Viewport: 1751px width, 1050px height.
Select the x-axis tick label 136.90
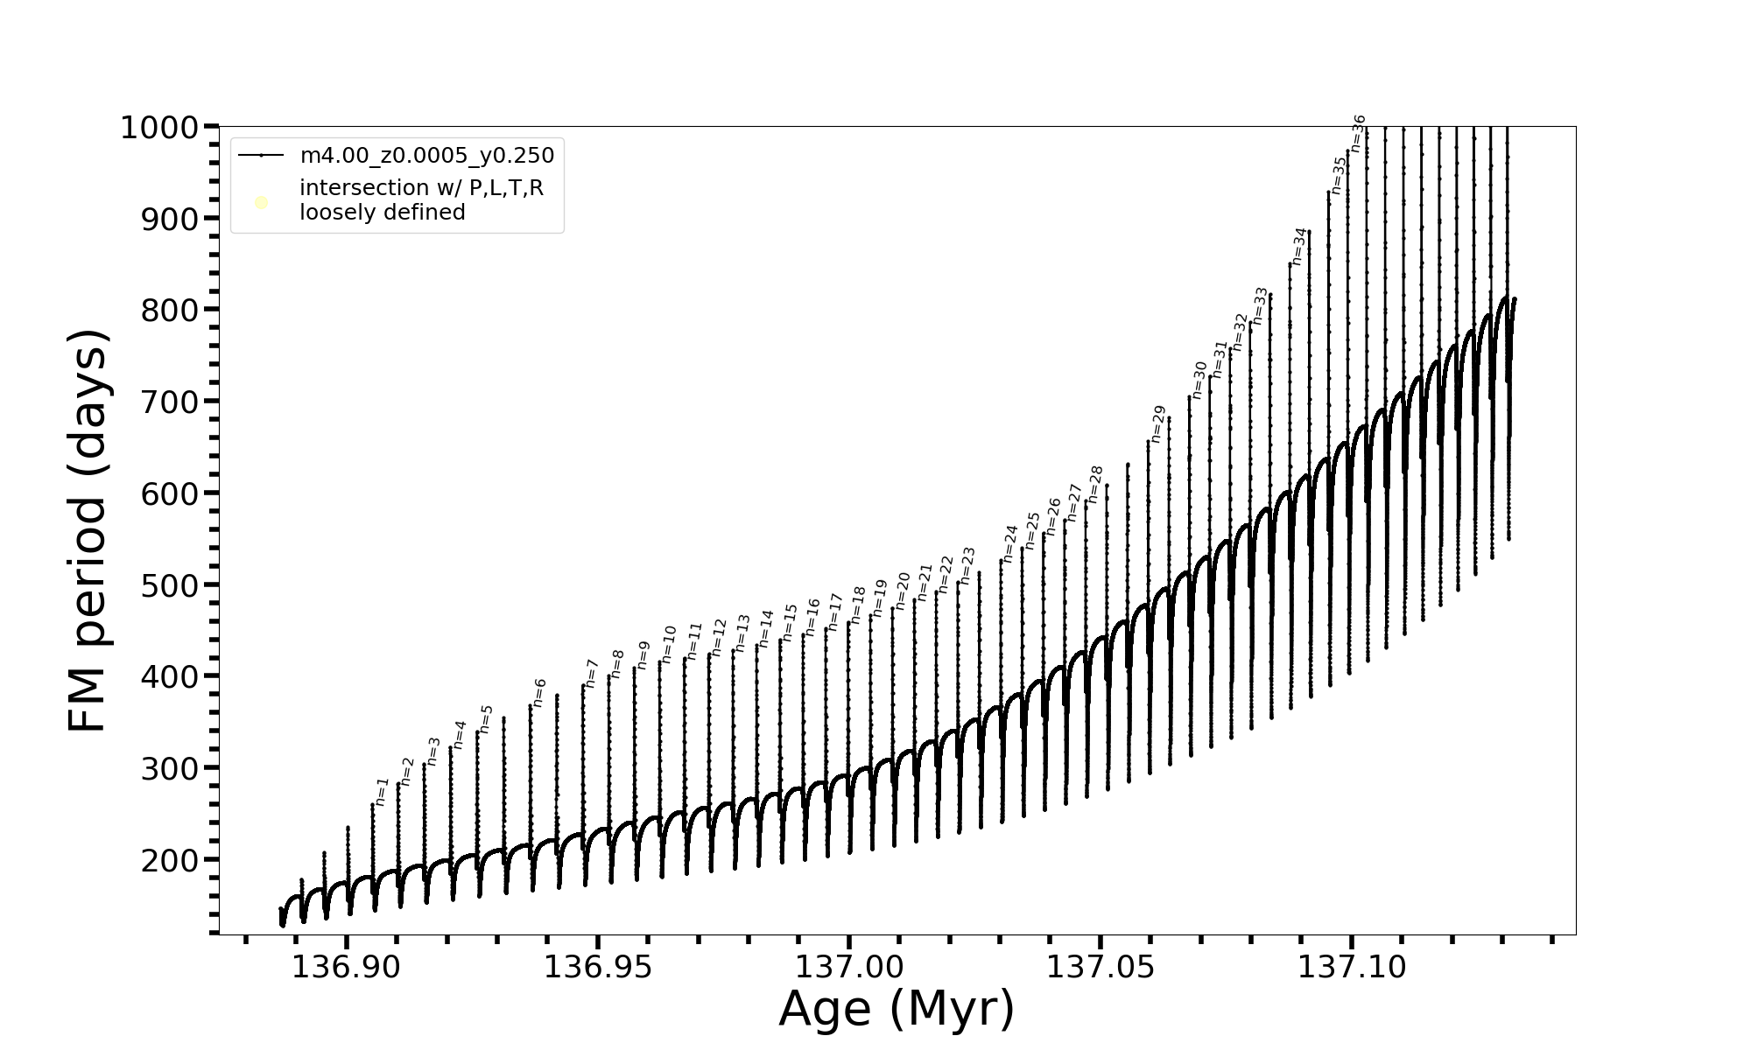(346, 968)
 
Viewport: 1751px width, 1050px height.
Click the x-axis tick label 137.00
(848, 968)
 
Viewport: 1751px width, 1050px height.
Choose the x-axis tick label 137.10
(1351, 968)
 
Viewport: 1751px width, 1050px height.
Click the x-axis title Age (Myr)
(897, 1009)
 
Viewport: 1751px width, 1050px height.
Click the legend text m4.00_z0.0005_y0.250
(427, 156)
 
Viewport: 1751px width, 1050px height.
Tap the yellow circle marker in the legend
(261, 203)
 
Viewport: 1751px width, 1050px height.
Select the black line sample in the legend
(261, 156)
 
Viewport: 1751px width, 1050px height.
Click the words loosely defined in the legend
(383, 213)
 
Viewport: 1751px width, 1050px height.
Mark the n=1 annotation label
(382, 791)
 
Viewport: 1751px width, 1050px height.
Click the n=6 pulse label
(539, 692)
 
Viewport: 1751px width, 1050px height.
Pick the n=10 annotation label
(669, 644)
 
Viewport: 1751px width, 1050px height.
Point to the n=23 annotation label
(967, 565)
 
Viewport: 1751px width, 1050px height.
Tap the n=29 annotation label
(1158, 423)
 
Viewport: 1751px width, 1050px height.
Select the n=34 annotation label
(1299, 246)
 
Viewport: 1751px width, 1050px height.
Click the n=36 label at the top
(1358, 133)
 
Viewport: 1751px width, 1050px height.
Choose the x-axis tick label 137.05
(1100, 968)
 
